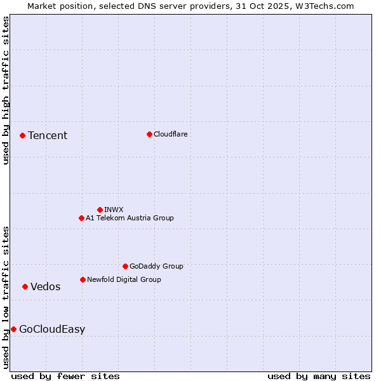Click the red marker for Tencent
(22, 135)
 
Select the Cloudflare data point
(149, 134)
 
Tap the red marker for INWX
(100, 210)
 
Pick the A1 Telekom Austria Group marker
(81, 218)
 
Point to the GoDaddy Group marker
(125, 266)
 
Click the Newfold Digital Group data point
(83, 279)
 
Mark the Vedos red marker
(25, 286)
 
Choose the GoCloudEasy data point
(13, 329)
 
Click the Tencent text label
(48, 135)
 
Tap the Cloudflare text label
(170, 134)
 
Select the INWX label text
(114, 210)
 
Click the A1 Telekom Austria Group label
(130, 218)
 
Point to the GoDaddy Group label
(156, 266)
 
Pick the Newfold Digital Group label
(124, 279)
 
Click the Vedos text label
(46, 286)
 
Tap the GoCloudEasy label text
(52, 329)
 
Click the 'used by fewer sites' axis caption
(65, 376)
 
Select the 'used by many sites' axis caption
(319, 376)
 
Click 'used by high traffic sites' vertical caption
(6, 91)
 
